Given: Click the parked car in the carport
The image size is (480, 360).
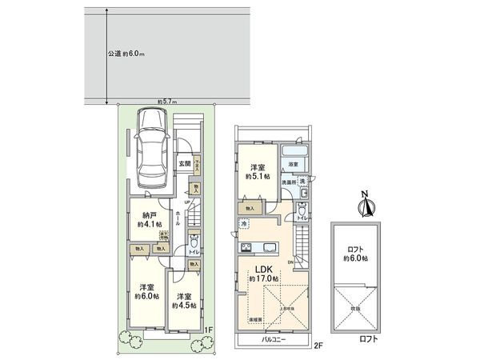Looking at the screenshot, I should [152, 147].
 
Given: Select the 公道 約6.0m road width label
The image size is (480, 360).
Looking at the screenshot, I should [126, 54].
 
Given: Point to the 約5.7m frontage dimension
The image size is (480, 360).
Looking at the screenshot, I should [167, 102].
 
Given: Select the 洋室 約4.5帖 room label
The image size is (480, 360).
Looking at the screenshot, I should [186, 292].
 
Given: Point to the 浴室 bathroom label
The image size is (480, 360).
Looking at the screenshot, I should [294, 165].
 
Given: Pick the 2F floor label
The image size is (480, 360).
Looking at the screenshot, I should [318, 346].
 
